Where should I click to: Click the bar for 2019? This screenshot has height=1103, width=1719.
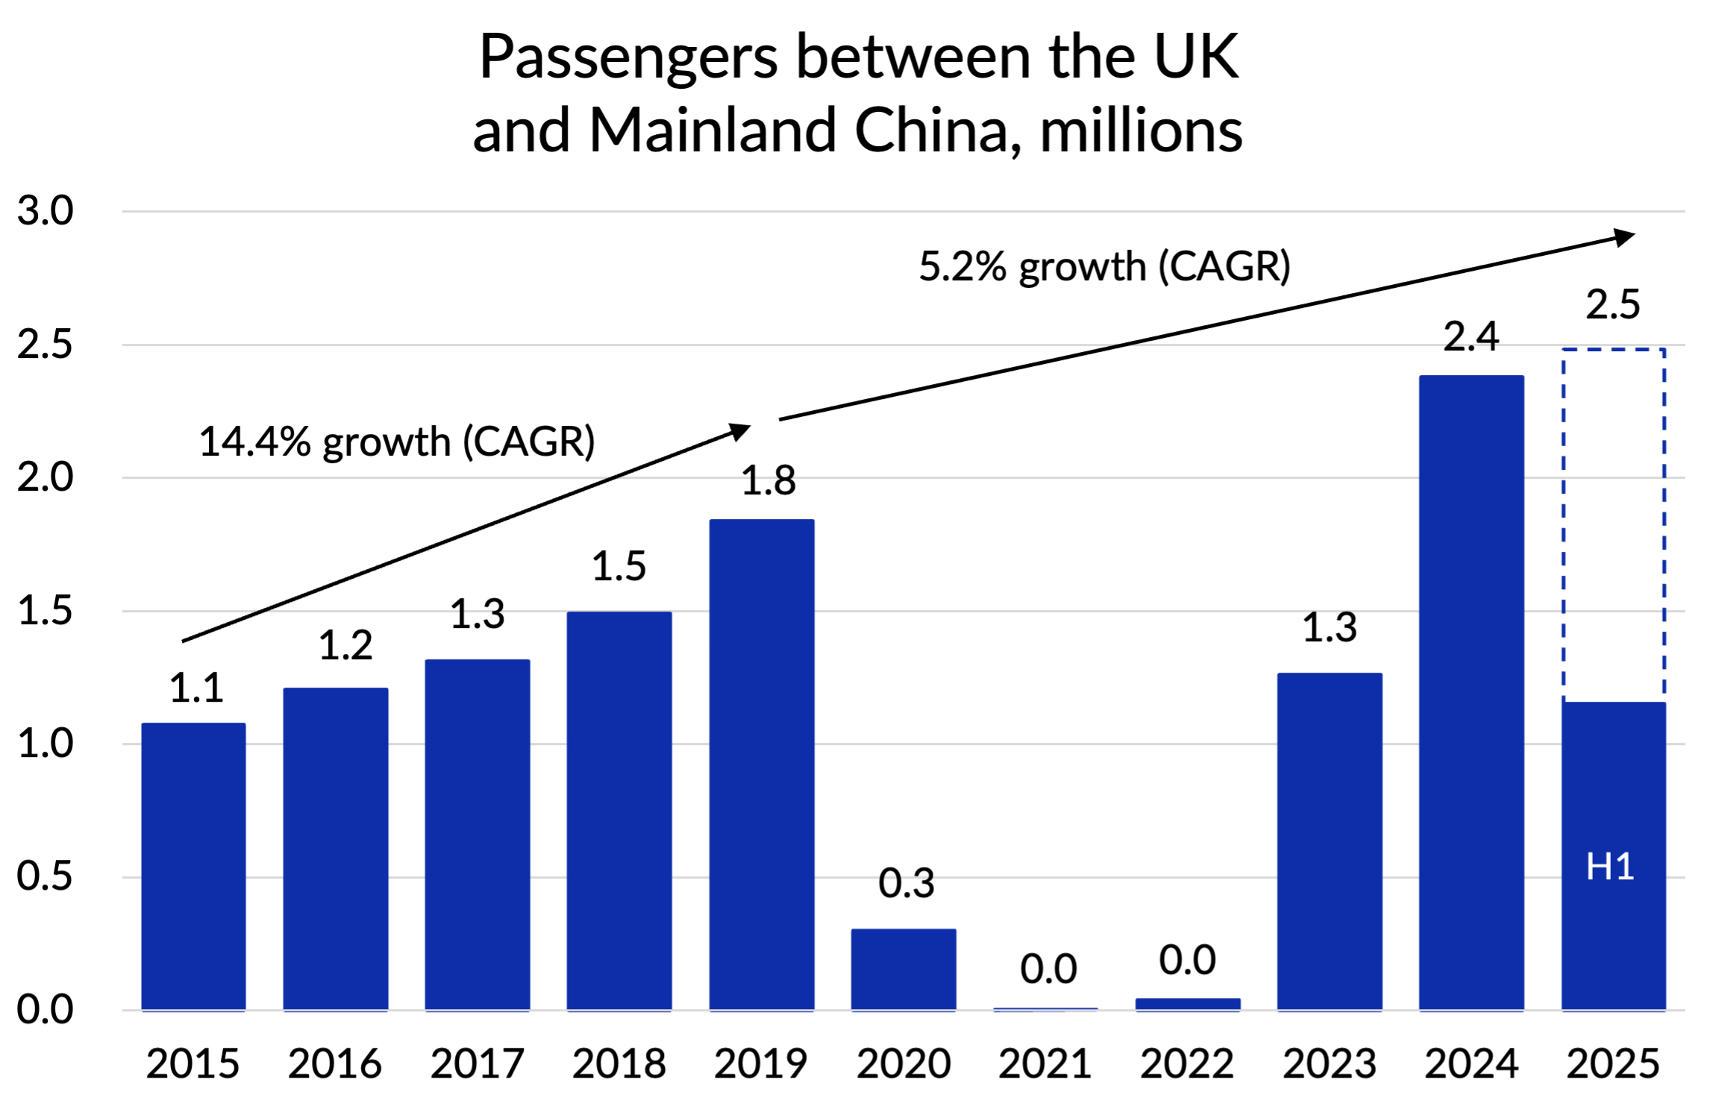(761, 764)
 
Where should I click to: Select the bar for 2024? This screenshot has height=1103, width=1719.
(1471, 693)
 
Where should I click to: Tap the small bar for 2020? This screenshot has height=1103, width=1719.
(903, 970)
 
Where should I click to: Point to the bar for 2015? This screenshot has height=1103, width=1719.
(193, 867)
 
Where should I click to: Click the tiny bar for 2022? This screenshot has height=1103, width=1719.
(1187, 1004)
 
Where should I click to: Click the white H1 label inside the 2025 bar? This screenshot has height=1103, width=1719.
(1609, 867)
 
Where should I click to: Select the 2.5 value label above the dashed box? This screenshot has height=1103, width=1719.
(1612, 305)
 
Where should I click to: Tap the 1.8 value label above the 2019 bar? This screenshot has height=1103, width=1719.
(768, 481)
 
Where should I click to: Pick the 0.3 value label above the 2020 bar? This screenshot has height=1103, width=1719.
(906, 884)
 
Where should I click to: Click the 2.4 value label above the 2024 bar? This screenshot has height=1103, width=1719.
(1471, 337)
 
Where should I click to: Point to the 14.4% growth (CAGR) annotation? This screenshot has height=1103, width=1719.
(396, 441)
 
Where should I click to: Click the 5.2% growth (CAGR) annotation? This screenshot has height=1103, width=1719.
(1104, 266)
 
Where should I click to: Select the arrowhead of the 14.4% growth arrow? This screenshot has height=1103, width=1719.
(739, 431)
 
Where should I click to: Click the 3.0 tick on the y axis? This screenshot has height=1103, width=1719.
(45, 211)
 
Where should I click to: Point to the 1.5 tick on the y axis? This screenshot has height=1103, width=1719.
(45, 611)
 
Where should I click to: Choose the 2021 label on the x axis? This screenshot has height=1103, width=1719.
(1045, 1063)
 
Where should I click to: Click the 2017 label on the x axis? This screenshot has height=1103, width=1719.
(477, 1063)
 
